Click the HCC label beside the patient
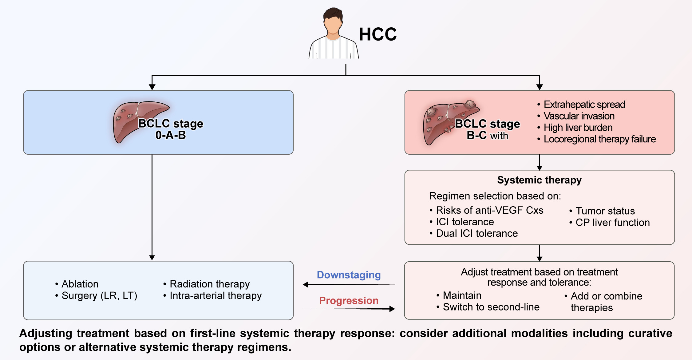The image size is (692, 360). point(378,34)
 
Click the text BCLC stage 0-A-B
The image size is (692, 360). point(171,129)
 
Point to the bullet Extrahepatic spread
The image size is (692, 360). point(584,105)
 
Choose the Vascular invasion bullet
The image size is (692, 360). point(579,116)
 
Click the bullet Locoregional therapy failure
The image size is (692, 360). point(599,139)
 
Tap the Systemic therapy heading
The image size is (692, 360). point(539,180)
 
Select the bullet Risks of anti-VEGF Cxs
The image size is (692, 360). point(489,210)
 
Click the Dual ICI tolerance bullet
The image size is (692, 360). point(476,233)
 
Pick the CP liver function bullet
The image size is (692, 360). point(612,223)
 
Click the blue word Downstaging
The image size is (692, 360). point(349,275)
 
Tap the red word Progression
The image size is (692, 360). point(349,301)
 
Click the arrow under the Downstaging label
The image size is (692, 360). point(349,285)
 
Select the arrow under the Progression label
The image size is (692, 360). point(349,309)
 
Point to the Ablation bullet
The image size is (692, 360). point(80,284)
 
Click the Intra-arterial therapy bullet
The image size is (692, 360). point(215,296)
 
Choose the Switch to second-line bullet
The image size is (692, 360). point(491,307)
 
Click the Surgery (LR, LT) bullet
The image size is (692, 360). point(99,296)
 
